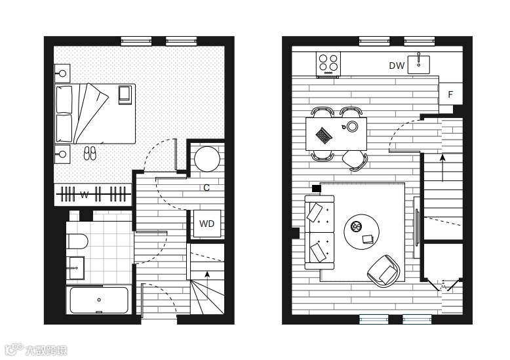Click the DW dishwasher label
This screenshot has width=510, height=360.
coord(397,66)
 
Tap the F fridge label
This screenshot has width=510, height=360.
coord(450,94)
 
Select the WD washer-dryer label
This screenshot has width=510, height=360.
coord(206,224)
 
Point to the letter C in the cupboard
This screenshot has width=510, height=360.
coord(206,188)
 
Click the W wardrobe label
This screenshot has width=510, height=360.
coord(84,195)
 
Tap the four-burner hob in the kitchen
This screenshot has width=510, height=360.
coord(328,64)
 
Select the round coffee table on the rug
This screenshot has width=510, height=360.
coord(362,231)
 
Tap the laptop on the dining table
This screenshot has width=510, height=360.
coord(324,135)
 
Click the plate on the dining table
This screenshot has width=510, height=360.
coord(353,125)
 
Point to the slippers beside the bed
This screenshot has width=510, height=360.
coord(90,153)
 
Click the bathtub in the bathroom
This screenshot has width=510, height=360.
coord(98,300)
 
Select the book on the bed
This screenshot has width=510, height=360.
coord(124,95)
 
